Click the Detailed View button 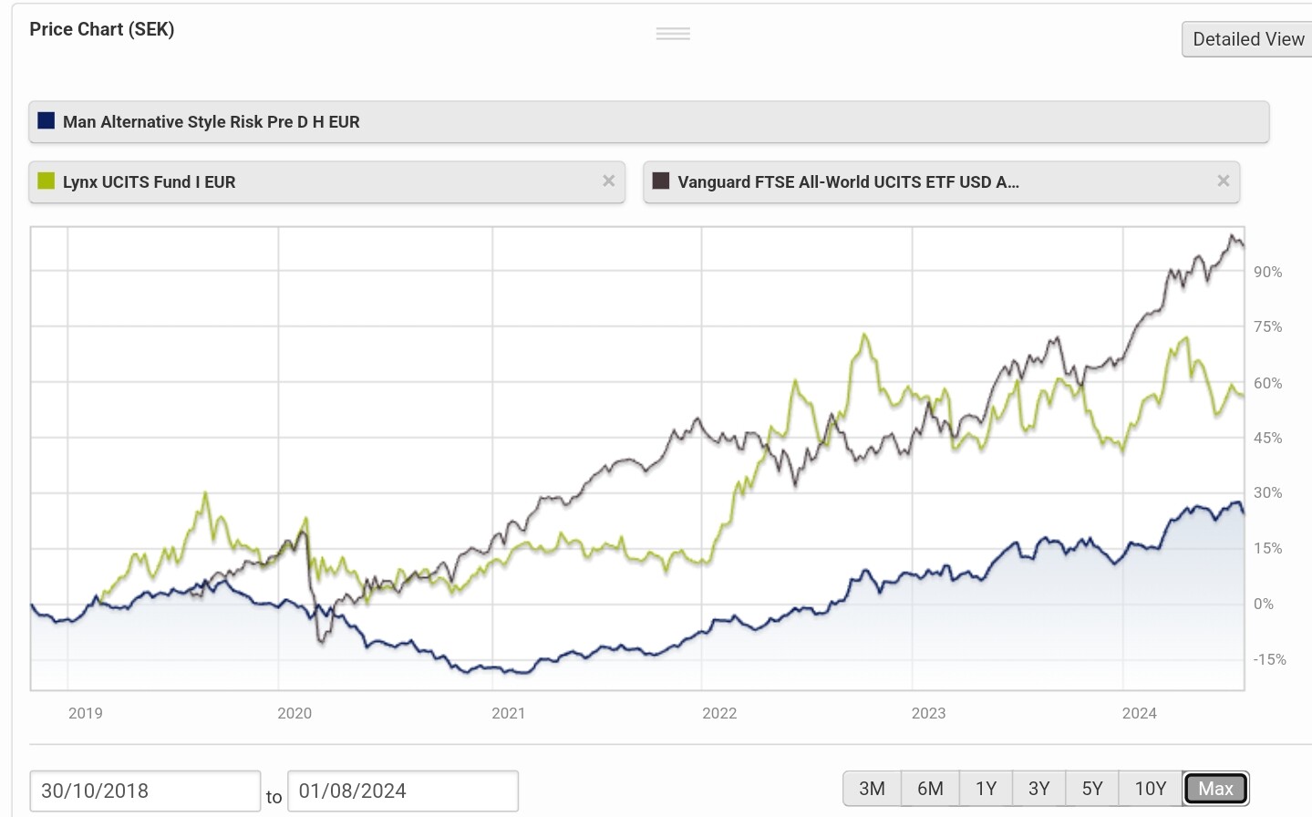(1247, 39)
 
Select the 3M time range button (872, 789)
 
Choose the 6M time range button (930, 789)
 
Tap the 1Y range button (986, 789)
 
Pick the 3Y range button (1038, 789)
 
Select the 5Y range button (1092, 789)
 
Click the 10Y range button (1150, 789)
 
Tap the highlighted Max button (1215, 789)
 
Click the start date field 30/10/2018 (145, 791)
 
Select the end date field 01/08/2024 (402, 791)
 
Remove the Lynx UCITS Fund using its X (609, 181)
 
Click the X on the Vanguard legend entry (1224, 181)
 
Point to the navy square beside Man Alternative (46, 121)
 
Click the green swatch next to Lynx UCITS (46, 181)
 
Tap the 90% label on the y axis (1267, 272)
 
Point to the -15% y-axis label (1268, 659)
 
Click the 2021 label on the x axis (508, 713)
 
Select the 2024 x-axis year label (1139, 713)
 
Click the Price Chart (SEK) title (102, 29)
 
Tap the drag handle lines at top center (673, 34)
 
